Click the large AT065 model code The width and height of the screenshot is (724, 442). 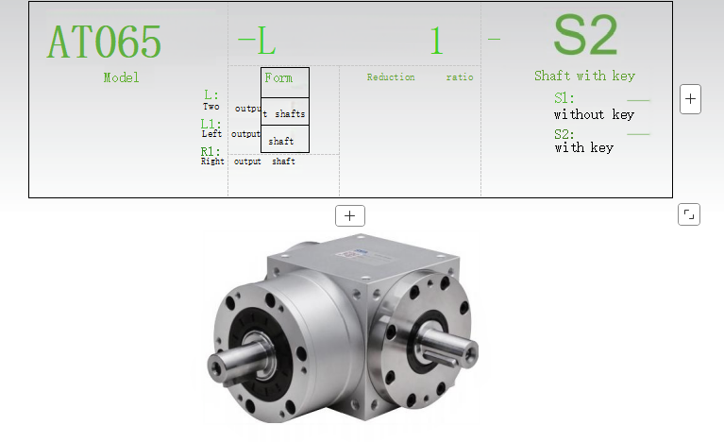point(104,42)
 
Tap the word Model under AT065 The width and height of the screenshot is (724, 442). point(121,77)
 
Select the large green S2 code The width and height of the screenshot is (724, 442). point(585,35)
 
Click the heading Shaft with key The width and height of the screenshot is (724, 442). point(584,76)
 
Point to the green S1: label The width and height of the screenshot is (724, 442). point(564,98)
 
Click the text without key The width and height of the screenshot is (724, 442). point(595,114)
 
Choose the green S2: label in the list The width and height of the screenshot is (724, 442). point(564,134)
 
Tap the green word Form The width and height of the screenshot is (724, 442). point(278,77)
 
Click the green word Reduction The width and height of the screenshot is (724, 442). point(391,77)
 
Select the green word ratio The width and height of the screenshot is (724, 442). point(460,77)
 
